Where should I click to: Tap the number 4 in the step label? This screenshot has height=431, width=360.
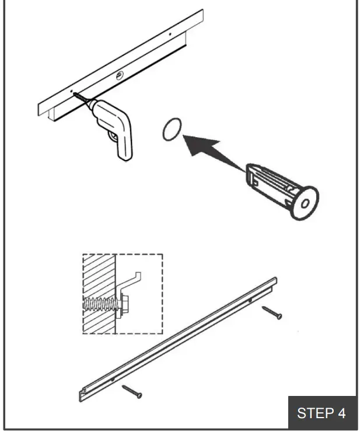click(341, 413)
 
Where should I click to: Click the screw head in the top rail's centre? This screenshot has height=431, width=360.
click(119, 75)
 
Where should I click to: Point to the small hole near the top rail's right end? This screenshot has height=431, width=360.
click(170, 34)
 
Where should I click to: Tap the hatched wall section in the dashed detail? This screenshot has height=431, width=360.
click(99, 292)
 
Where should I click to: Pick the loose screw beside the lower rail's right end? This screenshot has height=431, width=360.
click(272, 312)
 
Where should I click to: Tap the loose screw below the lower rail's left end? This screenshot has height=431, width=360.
click(131, 391)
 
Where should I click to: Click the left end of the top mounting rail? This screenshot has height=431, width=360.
click(43, 108)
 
